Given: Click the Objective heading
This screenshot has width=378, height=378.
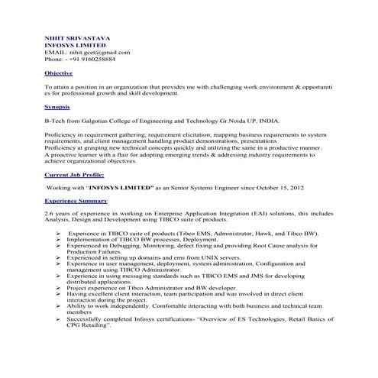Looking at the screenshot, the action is pos(59,73).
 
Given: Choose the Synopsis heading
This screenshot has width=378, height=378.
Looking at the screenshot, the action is pos(57,107).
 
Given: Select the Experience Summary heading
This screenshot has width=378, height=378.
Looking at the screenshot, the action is pos(76,201).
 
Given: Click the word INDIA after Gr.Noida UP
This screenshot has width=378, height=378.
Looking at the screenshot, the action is pos(269,121).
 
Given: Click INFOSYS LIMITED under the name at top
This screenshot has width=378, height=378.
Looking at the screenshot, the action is pos(74,44).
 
